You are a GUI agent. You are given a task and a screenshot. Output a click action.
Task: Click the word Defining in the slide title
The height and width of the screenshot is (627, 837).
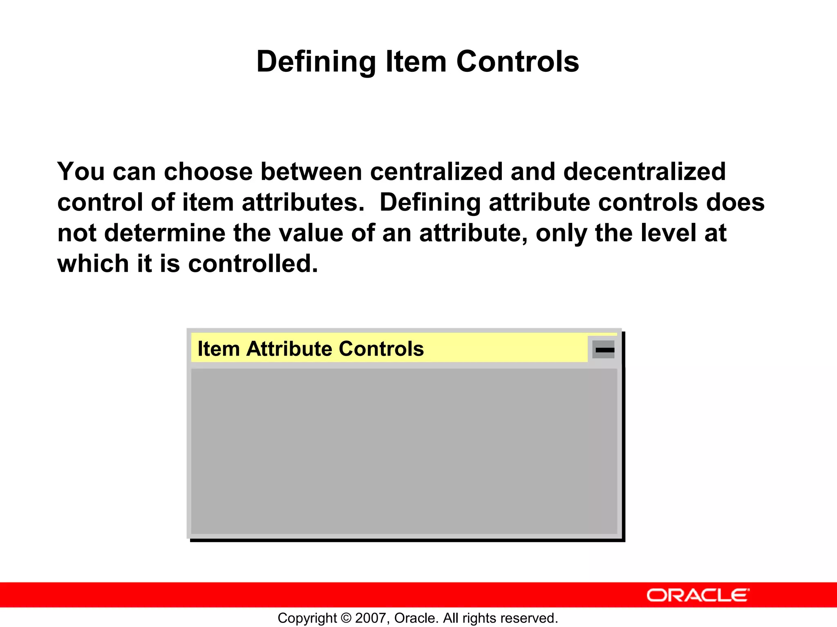tap(316, 62)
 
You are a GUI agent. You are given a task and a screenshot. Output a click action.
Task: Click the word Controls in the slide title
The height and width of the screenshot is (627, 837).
tap(517, 62)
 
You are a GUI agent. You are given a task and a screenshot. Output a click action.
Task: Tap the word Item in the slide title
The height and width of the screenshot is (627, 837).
tap(416, 62)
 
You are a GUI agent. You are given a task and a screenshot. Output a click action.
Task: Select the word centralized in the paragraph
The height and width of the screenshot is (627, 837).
tap(436, 171)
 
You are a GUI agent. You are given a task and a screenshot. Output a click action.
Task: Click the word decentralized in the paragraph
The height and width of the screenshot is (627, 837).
tap(644, 171)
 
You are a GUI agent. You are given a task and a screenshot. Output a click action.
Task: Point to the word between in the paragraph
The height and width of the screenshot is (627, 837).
tap(311, 171)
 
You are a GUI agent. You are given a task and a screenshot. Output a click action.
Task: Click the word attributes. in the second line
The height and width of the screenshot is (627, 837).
tap(302, 202)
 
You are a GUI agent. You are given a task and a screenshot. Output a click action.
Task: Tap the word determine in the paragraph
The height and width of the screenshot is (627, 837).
tap(164, 233)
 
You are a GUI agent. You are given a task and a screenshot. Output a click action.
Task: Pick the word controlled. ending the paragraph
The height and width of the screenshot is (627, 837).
tap(253, 264)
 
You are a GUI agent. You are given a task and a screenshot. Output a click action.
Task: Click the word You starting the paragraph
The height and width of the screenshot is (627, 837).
tap(81, 171)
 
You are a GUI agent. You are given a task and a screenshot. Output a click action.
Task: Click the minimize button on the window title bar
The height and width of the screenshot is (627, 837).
tap(604, 350)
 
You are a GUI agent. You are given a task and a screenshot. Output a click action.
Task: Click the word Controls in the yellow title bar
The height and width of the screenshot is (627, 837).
tap(381, 349)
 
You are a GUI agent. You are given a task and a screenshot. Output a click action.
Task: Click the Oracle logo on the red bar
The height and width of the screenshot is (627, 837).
tap(698, 596)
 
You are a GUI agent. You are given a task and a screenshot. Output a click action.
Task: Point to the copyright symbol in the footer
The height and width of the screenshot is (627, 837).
tap(346, 618)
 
